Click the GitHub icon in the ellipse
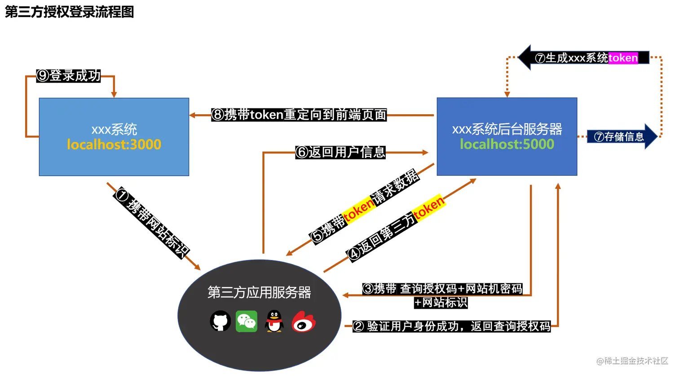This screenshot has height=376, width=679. click(220, 321)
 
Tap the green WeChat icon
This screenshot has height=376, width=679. click(247, 321)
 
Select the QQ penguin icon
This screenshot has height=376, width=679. click(274, 321)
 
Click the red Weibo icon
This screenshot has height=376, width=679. click(304, 322)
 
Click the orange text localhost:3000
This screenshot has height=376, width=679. click(114, 144)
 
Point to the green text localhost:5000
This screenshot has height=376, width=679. click(507, 144)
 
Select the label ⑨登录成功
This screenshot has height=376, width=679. click(69, 76)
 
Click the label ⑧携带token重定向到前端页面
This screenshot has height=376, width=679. click(299, 115)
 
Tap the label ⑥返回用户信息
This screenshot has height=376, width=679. click(340, 152)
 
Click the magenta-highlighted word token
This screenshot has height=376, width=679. click(623, 58)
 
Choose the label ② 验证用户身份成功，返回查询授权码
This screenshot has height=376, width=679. click(452, 326)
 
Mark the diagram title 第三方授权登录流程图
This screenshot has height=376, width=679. click(70, 12)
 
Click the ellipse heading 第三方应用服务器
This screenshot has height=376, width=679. click(259, 292)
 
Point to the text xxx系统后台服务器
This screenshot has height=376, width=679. click(507, 129)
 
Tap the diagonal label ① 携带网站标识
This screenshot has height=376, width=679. click(152, 223)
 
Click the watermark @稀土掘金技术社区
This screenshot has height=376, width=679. click(632, 361)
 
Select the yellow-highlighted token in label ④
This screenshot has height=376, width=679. click(429, 208)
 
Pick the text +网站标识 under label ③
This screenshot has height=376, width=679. click(441, 302)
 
